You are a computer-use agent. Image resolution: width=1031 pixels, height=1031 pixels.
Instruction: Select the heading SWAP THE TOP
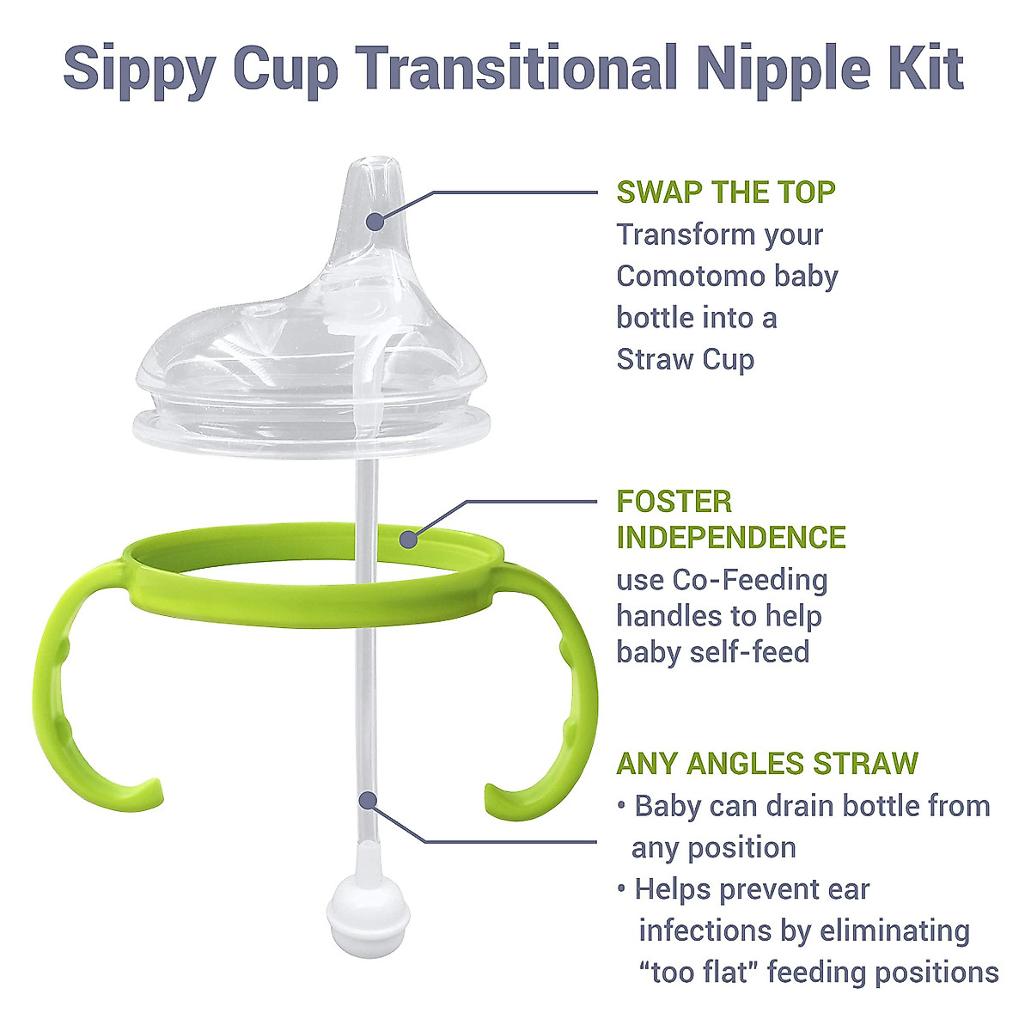point(726,192)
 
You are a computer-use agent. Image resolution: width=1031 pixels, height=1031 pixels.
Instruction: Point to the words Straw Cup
point(685,359)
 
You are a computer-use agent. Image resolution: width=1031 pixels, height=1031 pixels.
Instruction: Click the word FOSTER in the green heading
point(674,501)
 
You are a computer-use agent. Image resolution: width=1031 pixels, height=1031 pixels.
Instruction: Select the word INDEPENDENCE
point(731,538)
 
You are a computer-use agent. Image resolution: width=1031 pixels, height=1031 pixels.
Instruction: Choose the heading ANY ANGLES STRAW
point(767,763)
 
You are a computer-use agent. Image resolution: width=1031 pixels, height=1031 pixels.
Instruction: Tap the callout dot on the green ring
point(409,540)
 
